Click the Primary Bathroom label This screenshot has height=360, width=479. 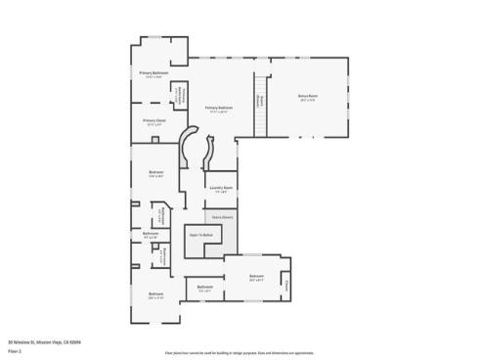click(x=153, y=73)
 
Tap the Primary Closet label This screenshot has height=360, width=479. click(x=154, y=120)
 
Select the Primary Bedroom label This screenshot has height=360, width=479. click(x=219, y=107)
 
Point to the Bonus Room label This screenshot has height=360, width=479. click(x=308, y=95)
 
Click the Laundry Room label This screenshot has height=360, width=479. click(x=221, y=187)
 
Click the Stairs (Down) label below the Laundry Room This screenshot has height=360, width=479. click(x=222, y=217)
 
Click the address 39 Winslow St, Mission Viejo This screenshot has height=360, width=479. click(x=44, y=341)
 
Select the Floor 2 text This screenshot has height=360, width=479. click(x=15, y=350)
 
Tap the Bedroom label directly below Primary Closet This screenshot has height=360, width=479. click(x=155, y=172)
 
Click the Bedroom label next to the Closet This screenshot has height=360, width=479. click(x=256, y=276)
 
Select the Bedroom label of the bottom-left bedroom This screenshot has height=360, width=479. click(x=155, y=293)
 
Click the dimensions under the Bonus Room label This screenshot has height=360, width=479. click(x=308, y=100)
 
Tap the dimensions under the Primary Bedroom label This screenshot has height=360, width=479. click(x=219, y=112)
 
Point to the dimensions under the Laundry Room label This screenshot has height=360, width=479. click(x=221, y=192)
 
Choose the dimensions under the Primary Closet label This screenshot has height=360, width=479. click(x=154, y=125)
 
